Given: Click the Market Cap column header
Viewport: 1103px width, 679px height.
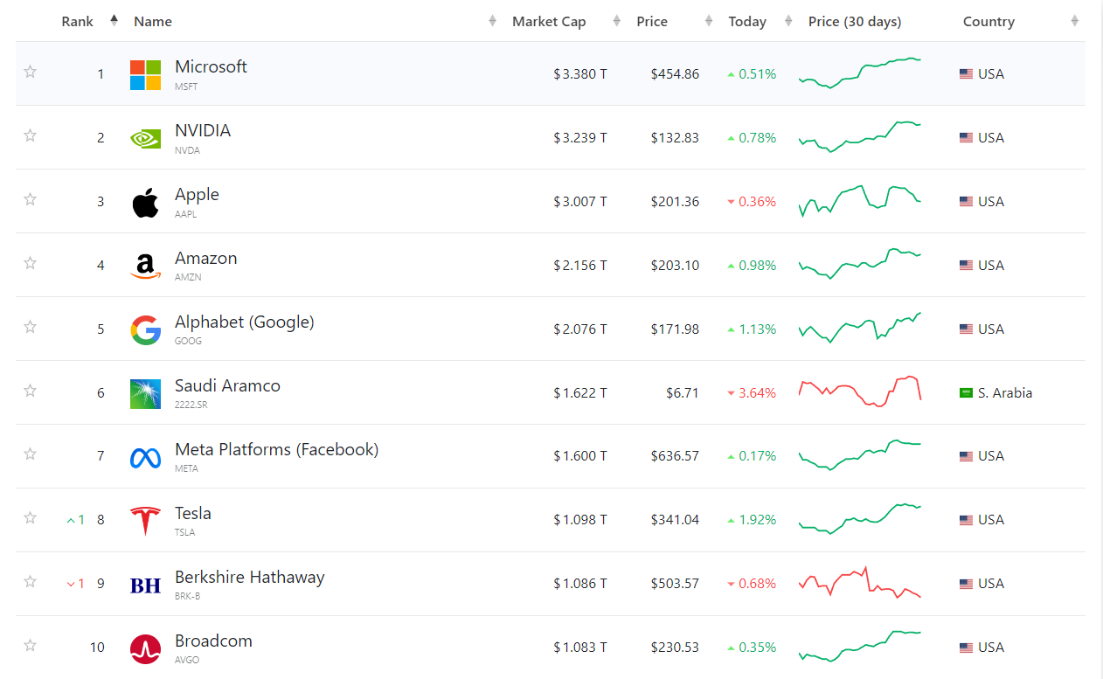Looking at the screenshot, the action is (x=549, y=22).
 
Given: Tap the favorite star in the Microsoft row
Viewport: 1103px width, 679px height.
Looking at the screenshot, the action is (x=30, y=72).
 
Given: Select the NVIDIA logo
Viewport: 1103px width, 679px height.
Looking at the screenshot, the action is (x=145, y=138).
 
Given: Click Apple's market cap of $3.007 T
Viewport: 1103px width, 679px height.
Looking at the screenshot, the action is (x=580, y=201).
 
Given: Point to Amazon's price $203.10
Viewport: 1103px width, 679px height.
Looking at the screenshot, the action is (x=675, y=266).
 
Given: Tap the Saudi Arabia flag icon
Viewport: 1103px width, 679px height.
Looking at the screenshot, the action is (x=966, y=393).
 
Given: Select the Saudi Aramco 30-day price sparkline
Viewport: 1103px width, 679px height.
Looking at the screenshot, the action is (x=860, y=391).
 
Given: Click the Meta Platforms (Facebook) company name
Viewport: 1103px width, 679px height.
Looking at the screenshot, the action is (x=277, y=450).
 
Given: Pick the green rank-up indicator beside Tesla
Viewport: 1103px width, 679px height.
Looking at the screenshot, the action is (x=76, y=520).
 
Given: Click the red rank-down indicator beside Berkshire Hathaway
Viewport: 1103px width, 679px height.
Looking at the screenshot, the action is (x=76, y=584).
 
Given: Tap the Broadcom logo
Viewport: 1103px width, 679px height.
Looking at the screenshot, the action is (x=145, y=649).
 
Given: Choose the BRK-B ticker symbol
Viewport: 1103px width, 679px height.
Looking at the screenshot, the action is (x=187, y=596).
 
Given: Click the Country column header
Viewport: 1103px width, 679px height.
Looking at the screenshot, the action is (x=989, y=22).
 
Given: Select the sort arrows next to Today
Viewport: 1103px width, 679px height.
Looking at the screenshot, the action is (x=788, y=21).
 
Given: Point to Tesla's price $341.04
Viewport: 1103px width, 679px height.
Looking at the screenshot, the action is (x=675, y=520).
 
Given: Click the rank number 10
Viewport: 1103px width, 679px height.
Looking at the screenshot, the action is (x=97, y=648).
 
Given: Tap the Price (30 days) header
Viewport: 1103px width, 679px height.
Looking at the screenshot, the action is (x=855, y=22).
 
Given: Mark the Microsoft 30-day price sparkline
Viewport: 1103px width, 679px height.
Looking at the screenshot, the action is (x=860, y=73).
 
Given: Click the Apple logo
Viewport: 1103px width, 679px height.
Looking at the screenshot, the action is (x=145, y=203).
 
